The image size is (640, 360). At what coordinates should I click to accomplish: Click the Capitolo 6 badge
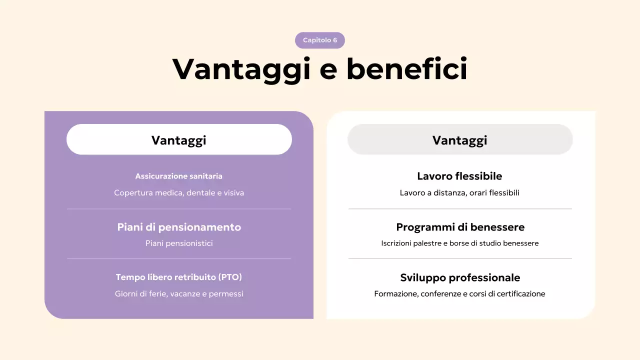(320, 40)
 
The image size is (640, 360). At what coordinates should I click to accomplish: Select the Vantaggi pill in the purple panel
(179, 139)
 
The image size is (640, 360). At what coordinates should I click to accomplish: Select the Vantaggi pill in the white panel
(459, 139)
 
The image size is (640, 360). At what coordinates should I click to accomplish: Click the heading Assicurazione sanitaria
(179, 176)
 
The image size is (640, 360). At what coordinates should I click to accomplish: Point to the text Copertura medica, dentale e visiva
(179, 192)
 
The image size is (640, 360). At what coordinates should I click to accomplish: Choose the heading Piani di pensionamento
(179, 227)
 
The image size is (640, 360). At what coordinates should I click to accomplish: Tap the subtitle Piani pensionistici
(179, 243)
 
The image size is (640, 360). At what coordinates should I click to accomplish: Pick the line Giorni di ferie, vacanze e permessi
(179, 294)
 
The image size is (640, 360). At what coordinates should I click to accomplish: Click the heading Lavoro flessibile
(459, 176)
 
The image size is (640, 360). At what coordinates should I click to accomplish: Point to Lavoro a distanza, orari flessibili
(459, 192)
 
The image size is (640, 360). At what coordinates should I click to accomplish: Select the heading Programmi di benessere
(460, 227)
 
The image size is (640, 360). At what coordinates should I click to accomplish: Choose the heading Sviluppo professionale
(460, 277)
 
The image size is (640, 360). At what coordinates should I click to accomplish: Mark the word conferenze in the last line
(440, 294)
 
